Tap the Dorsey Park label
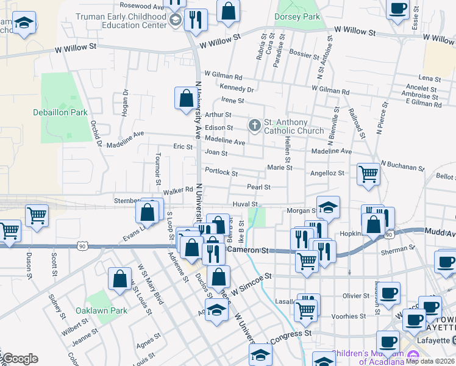(x=297, y=17)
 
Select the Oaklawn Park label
(x=102, y=310)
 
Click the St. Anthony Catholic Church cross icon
(x=254, y=126)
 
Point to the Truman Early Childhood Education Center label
(x=121, y=21)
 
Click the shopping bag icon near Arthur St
(x=185, y=98)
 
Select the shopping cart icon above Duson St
(x=37, y=215)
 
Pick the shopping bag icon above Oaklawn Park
(x=120, y=278)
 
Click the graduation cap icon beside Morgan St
(x=327, y=207)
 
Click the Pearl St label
(x=258, y=187)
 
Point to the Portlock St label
(x=221, y=172)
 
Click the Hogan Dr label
(x=126, y=102)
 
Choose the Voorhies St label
(x=349, y=317)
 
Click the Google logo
(x=20, y=359)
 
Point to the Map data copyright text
(x=430, y=361)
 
